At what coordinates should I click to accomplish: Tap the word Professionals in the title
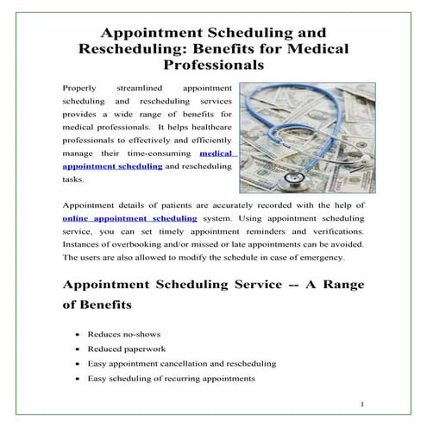pos(214,65)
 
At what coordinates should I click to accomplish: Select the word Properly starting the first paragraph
pos(81,88)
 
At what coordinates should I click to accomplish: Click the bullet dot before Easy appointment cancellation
pos(78,364)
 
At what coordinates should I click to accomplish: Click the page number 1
pos(363,404)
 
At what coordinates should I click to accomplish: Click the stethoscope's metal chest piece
pos(296,179)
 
